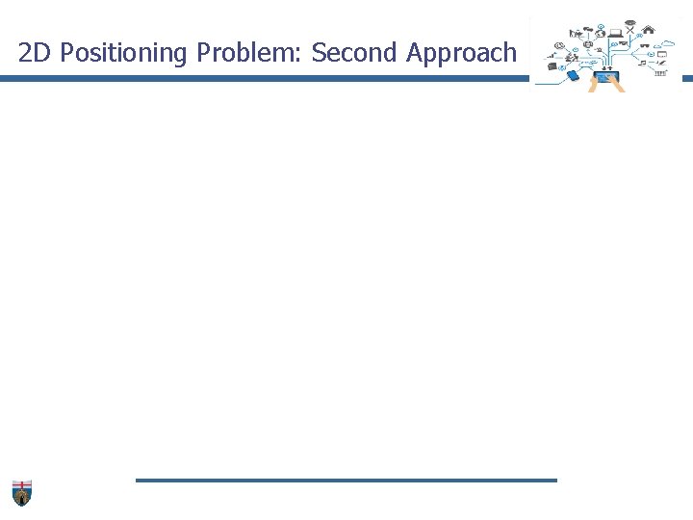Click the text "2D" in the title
coord(35,53)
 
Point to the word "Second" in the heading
coord(354,53)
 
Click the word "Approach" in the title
coord(461,54)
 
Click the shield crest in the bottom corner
coord(22,492)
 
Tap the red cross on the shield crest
coord(22,484)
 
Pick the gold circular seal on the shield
coord(22,497)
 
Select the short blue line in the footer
coord(346,480)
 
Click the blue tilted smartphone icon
coord(573,75)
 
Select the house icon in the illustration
coord(650,29)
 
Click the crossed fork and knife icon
coord(630,30)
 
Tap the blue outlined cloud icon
coord(668,43)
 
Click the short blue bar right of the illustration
coord(687,79)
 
